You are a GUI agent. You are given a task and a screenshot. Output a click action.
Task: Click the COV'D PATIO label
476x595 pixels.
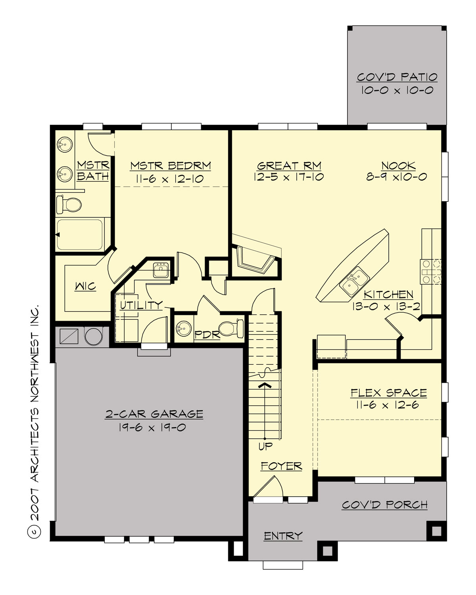click(x=397, y=77)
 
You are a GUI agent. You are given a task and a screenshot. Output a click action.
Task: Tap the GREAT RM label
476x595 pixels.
click(x=289, y=165)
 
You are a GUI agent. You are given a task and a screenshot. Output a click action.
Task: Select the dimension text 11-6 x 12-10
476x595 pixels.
click(x=170, y=178)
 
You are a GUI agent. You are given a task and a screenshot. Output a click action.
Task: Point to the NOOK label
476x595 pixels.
click(x=398, y=165)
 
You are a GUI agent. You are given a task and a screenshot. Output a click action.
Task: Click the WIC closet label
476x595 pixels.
click(x=86, y=286)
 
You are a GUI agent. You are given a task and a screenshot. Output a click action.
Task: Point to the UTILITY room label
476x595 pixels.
click(x=141, y=305)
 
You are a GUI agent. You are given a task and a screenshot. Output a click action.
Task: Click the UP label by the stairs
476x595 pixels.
click(x=265, y=446)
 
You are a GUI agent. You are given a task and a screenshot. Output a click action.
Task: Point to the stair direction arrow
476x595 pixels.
click(x=265, y=384)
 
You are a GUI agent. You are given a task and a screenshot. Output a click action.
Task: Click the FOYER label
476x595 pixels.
click(x=281, y=466)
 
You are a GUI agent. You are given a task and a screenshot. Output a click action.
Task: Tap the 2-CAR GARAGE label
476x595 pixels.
click(x=154, y=414)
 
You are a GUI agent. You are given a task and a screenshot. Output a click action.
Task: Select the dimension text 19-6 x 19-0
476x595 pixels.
click(x=152, y=427)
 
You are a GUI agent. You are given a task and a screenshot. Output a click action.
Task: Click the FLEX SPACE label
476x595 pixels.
click(x=388, y=393)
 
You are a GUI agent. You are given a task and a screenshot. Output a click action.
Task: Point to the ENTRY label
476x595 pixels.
click(x=283, y=536)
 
